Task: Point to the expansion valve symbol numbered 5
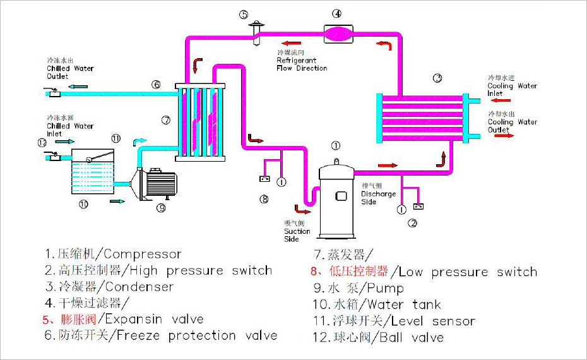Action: pos(256,32)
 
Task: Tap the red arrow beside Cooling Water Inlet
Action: pos(503,100)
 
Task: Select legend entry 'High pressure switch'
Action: pos(158,271)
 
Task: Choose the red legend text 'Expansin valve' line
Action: pos(123,319)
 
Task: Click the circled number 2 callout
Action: pos(413,222)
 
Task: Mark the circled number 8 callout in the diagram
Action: pos(264,199)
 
